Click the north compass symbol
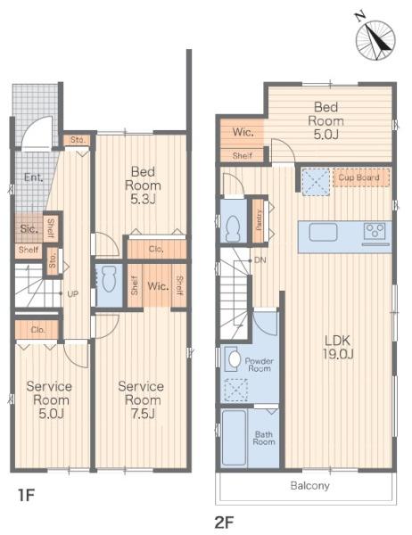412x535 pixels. point(375,39)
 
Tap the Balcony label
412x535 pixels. point(309,485)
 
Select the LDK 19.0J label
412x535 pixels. point(338,347)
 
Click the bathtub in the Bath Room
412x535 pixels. point(234,438)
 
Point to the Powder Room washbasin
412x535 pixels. point(234,358)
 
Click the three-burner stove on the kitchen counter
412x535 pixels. point(375,231)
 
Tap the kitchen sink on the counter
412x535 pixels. point(323,232)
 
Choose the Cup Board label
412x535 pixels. point(358,177)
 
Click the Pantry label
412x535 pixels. point(260,219)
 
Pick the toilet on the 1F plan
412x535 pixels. point(109,279)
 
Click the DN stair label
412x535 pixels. point(260,260)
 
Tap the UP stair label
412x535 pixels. point(73,293)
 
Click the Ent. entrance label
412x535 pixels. point(34,177)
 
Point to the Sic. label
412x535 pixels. point(29,228)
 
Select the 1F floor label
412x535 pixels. point(26,494)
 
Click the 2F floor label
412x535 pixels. point(224,522)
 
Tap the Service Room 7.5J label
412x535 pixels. point(141,399)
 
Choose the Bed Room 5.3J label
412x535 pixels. point(143,185)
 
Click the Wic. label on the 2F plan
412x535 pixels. point(243,132)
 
